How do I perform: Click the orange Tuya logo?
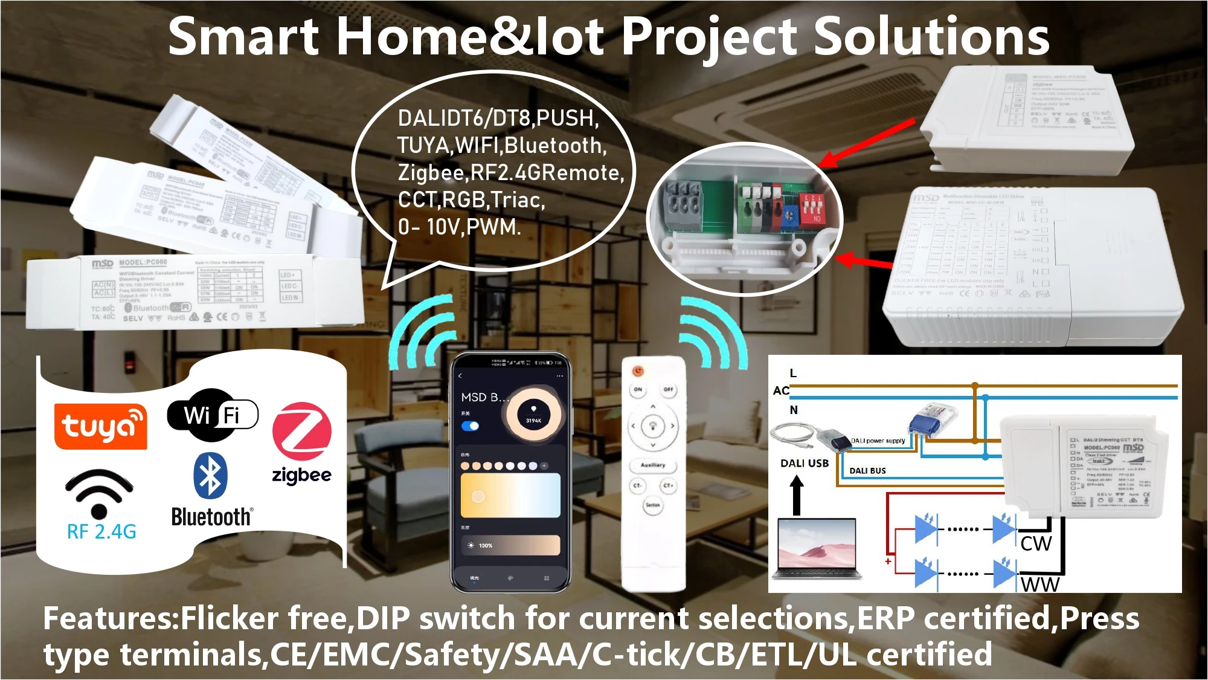tap(100, 426)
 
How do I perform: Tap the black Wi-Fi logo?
tap(212, 415)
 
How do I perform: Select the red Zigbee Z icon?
tap(301, 432)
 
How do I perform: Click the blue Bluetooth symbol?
tap(210, 476)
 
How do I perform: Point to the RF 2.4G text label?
tap(101, 532)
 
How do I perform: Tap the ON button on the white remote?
tap(638, 390)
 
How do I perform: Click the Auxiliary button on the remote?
tap(652, 465)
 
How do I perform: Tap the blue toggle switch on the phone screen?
tap(470, 426)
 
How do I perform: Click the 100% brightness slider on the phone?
tap(510, 545)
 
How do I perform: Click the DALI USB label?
tap(804, 463)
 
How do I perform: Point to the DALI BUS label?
tap(867, 470)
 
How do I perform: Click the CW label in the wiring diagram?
tap(1036, 543)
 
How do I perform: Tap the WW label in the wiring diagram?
tap(1039, 584)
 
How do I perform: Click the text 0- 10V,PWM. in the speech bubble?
tap(459, 227)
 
